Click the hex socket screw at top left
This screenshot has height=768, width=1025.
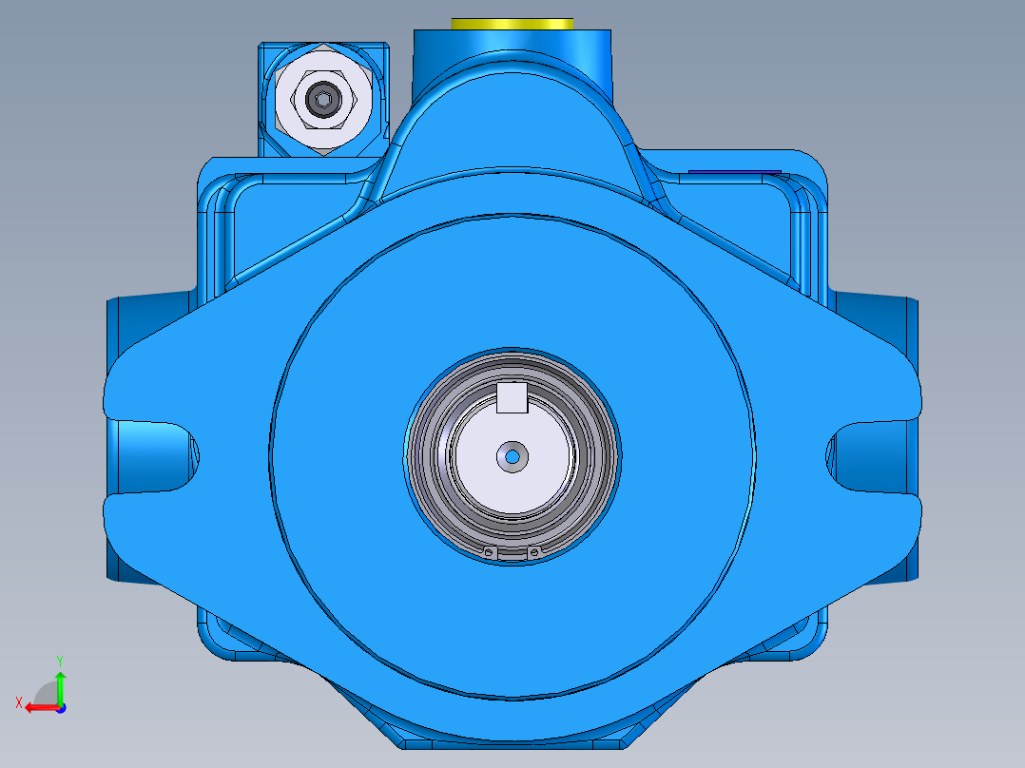click(322, 99)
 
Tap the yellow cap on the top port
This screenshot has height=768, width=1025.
click(512, 23)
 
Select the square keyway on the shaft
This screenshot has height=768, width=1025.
click(512, 398)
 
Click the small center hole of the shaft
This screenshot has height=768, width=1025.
click(512, 457)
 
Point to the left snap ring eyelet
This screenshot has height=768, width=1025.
click(489, 552)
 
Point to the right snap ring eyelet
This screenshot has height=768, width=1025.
click(534, 552)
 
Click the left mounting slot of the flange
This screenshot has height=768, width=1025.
click(157, 454)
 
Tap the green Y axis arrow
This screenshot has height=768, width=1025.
click(60, 681)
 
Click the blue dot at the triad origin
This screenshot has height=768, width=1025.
click(60, 708)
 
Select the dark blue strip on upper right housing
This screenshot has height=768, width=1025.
click(734, 172)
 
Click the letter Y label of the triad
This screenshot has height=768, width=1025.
click(59, 660)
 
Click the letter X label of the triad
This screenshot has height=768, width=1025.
click(18, 702)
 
